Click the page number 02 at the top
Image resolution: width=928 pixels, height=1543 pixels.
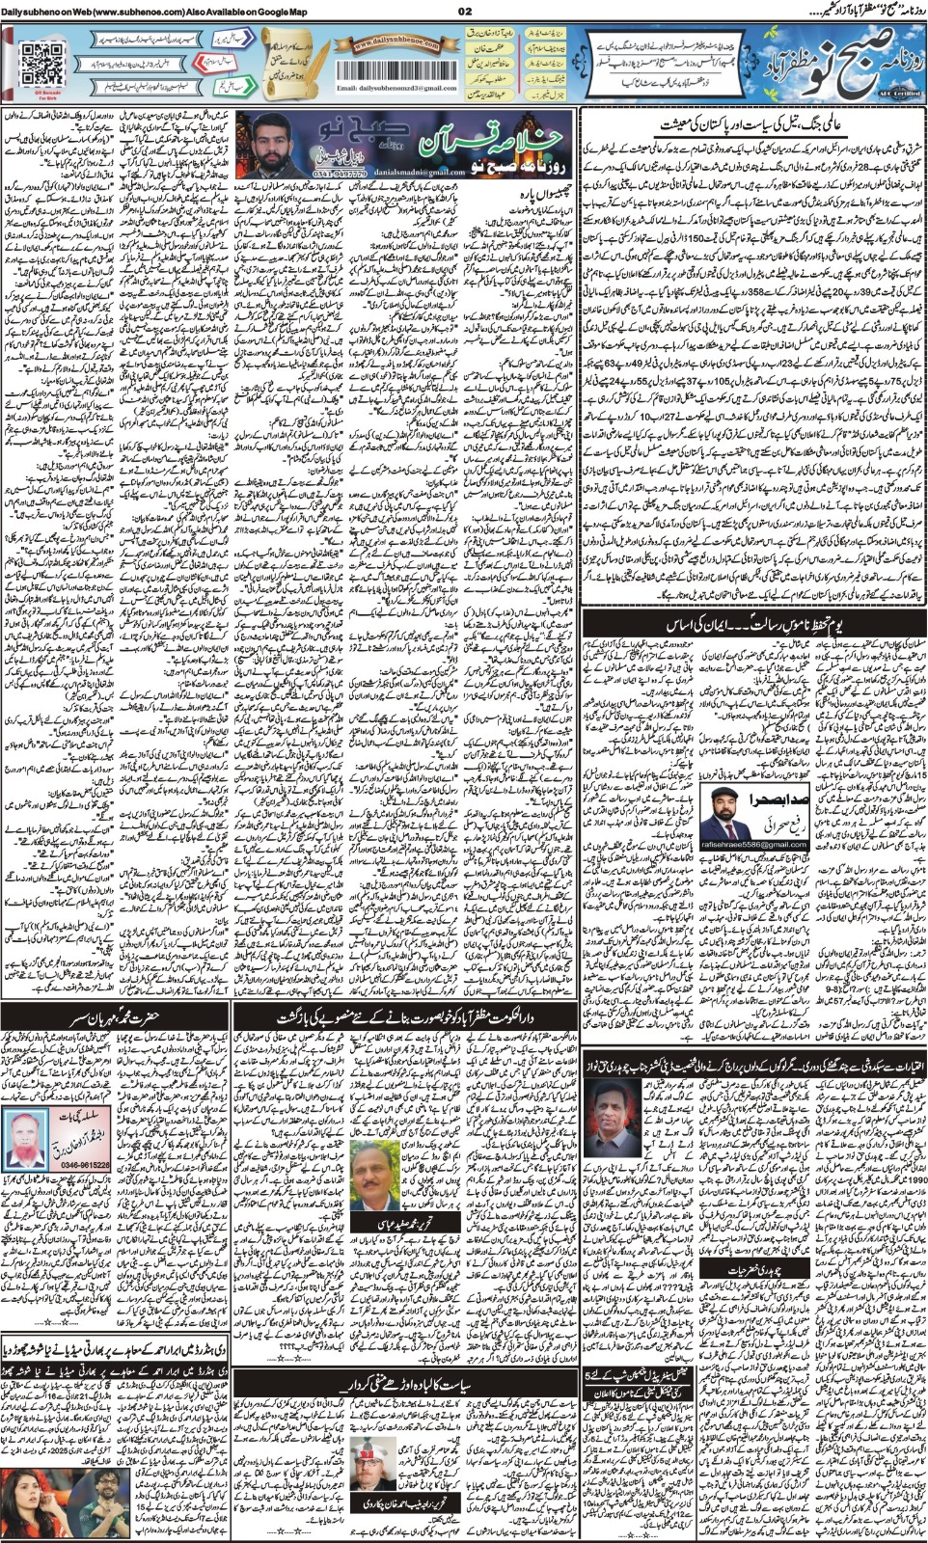coord(464,11)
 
